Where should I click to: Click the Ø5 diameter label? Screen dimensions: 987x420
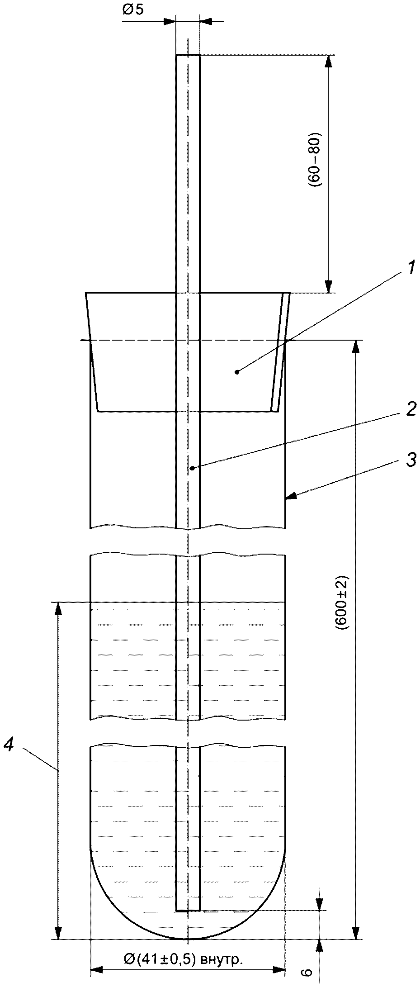point(132,10)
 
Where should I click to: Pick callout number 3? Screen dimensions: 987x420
point(411,461)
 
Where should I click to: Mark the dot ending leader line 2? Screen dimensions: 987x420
point(192,468)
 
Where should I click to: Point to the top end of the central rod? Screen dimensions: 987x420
point(188,55)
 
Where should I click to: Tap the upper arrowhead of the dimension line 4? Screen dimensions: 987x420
point(58,608)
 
